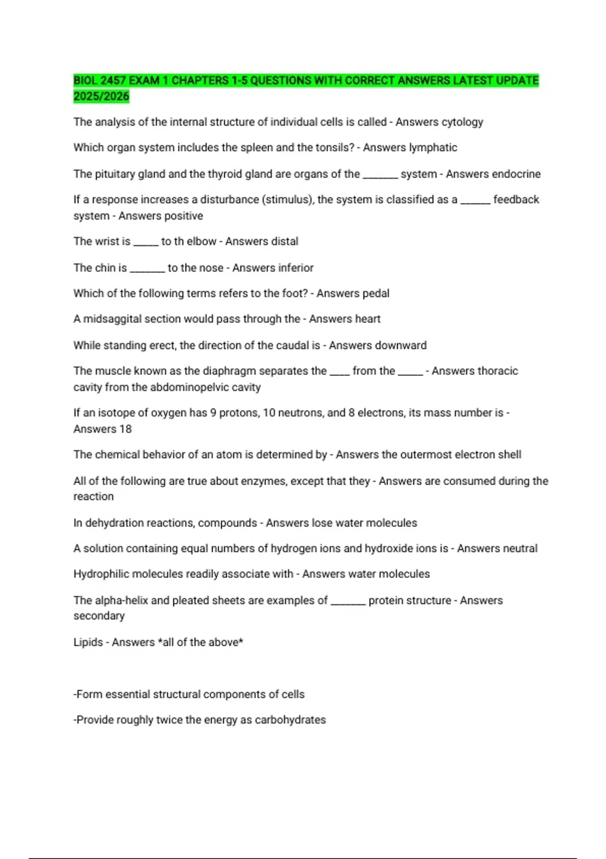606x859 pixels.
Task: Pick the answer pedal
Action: tap(376, 294)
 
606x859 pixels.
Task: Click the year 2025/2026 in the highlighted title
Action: tap(101, 97)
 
